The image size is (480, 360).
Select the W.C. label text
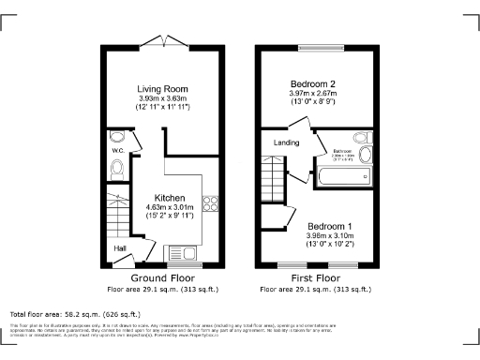coord(118,150)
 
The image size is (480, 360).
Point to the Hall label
coord(120,248)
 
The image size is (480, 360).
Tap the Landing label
coord(286,142)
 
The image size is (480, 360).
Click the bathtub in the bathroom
coord(342,175)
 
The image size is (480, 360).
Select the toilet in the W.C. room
coord(117,169)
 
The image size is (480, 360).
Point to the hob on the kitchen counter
coord(210,202)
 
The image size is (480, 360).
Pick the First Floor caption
coord(315,279)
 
